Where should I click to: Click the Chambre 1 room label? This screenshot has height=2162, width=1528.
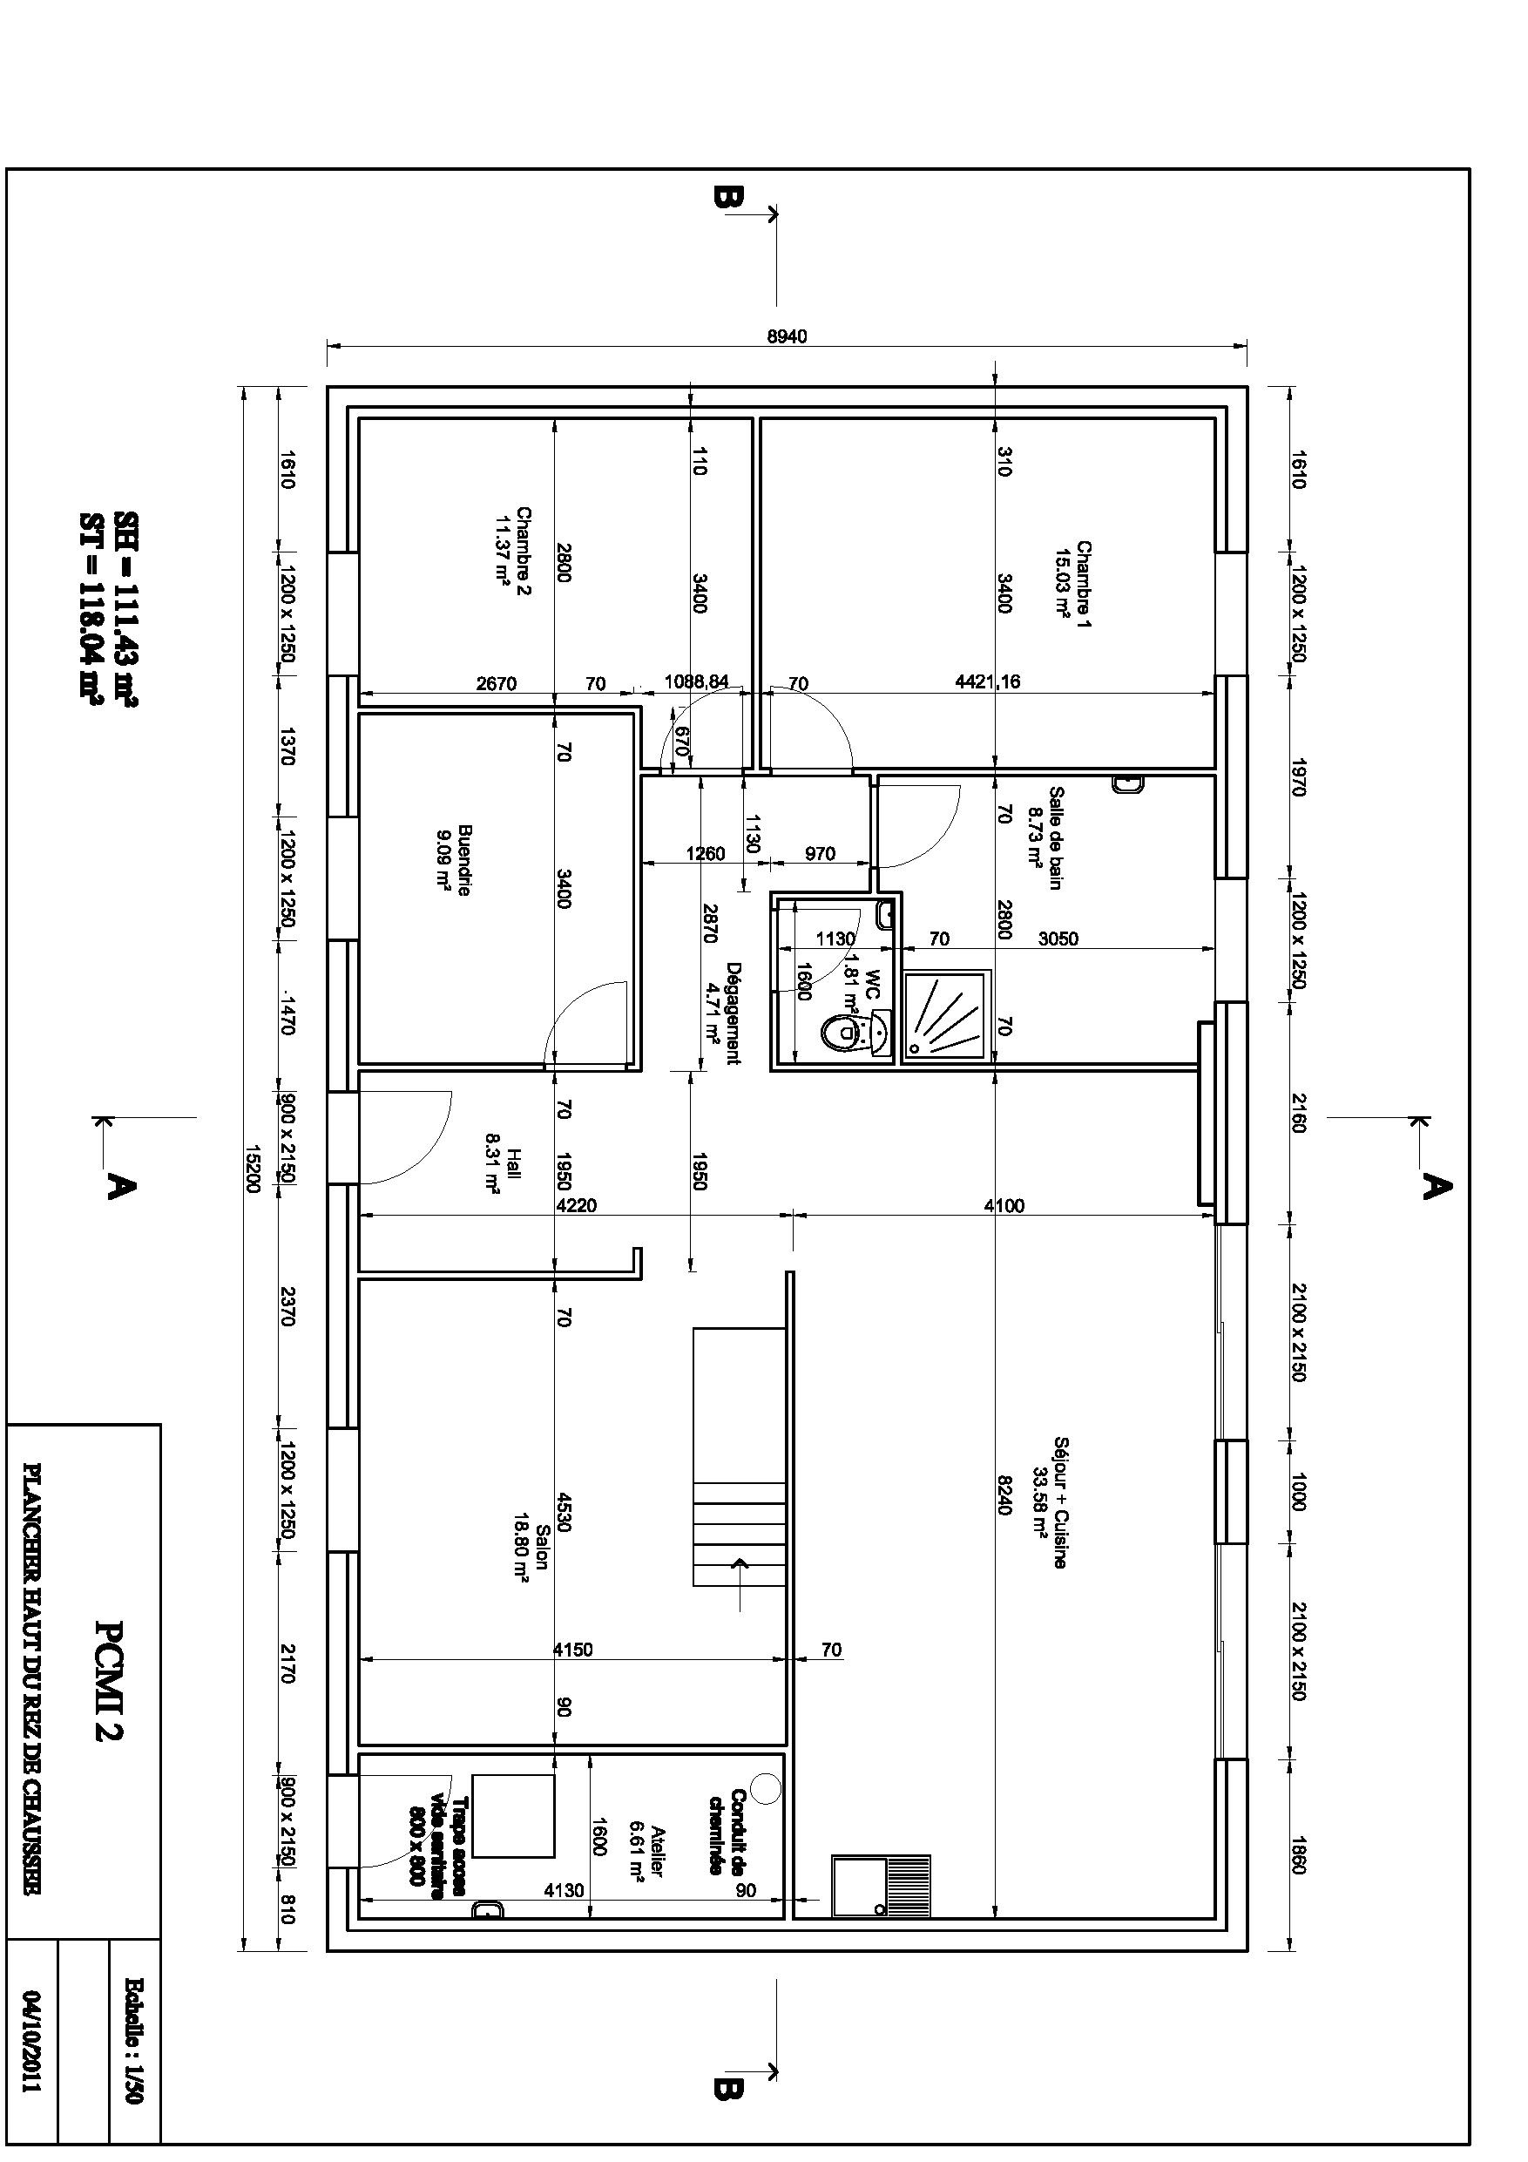click(x=1073, y=584)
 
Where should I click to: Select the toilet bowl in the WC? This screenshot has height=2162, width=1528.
click(x=842, y=1033)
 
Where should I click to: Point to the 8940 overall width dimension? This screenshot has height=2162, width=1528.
click(x=787, y=337)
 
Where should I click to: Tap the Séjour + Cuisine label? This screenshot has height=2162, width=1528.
click(x=1051, y=1502)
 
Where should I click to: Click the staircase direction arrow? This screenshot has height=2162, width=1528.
click(x=742, y=1566)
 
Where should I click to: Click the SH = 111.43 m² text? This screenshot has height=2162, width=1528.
click(x=125, y=609)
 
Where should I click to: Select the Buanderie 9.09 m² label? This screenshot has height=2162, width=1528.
click(x=454, y=860)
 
